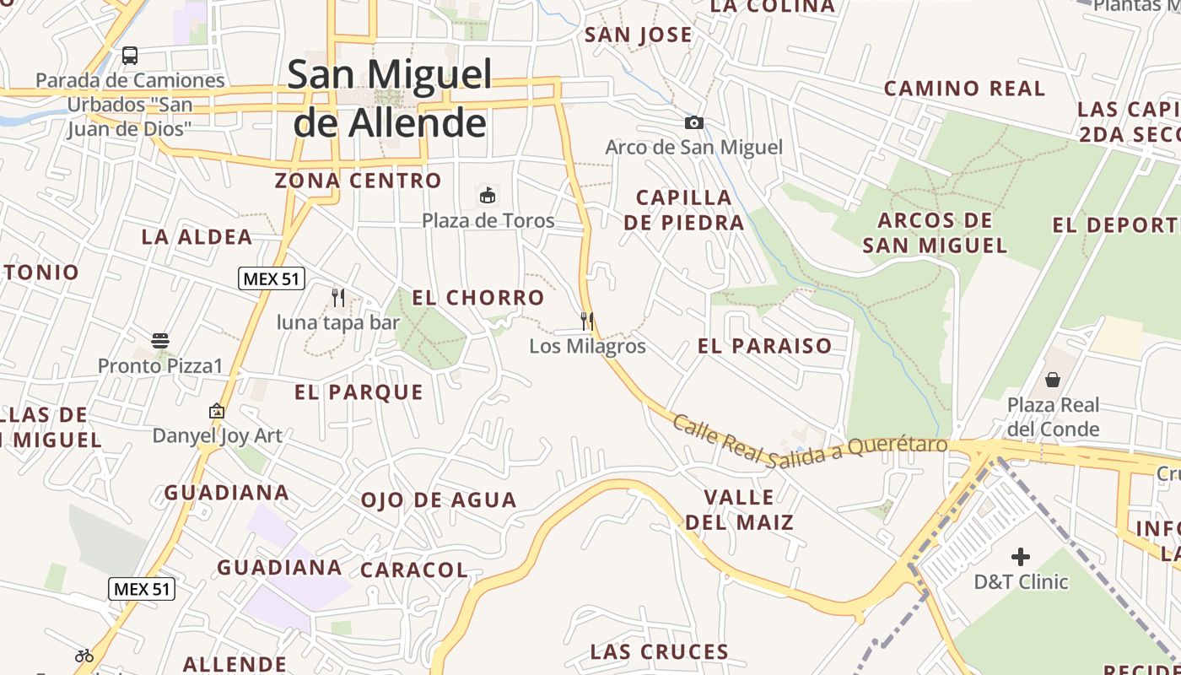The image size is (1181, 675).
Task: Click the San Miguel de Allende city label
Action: [390, 99]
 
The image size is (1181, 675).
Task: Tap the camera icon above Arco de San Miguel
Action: [693, 123]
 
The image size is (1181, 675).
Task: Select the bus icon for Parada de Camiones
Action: [130, 56]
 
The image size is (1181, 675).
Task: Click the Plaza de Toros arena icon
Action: [488, 197]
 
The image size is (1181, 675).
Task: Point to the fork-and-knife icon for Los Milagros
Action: [587, 321]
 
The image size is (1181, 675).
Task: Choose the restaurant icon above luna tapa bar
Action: [338, 298]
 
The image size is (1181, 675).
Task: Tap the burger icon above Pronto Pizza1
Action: [160, 341]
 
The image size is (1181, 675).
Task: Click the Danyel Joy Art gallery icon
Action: [217, 412]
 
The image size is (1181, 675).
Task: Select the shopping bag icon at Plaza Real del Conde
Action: [1053, 380]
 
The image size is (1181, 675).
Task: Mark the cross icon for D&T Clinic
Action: [1021, 557]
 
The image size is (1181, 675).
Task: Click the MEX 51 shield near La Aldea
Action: [272, 278]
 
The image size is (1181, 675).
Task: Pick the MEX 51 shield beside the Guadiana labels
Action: [142, 589]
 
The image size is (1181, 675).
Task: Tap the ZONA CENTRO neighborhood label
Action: [359, 181]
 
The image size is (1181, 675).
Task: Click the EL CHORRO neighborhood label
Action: [478, 298]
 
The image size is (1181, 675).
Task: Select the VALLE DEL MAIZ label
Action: [740, 509]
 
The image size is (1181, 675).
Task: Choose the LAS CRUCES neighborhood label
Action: [660, 652]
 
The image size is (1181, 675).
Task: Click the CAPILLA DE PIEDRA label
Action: [690, 210]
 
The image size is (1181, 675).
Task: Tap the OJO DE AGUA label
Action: [439, 500]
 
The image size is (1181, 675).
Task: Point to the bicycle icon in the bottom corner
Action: [84, 655]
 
